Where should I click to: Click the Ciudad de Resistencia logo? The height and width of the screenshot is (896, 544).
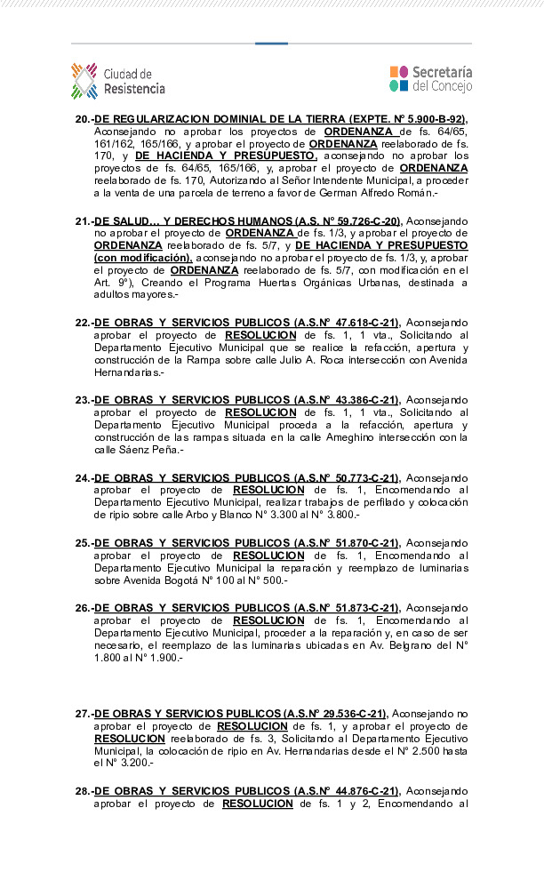118,81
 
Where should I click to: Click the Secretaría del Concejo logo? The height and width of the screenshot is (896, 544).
430,79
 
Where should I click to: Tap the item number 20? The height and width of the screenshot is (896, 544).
83,119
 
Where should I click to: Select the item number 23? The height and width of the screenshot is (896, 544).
83,400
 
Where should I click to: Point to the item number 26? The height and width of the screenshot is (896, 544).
83,608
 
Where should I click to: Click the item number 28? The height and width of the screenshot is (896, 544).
83,791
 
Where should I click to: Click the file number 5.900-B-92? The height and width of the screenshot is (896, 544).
428,119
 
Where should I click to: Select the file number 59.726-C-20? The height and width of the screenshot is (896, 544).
364,221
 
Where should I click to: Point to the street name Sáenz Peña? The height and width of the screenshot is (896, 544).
130,451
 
